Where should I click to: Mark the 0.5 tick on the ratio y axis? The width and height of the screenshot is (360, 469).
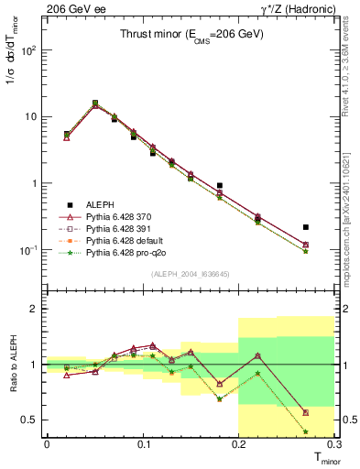click(x=31, y=420)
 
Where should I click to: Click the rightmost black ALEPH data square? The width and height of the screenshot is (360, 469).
click(x=305, y=227)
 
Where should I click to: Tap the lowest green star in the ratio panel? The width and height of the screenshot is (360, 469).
click(x=305, y=431)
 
